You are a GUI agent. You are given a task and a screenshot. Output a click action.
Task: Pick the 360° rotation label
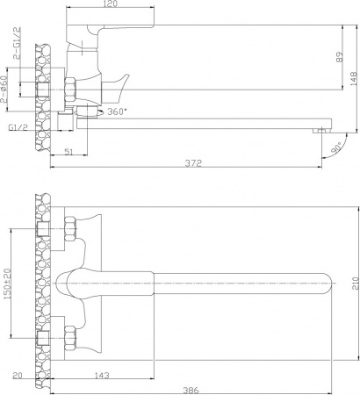(122, 112)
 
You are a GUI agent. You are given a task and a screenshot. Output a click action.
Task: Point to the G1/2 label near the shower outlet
(17, 128)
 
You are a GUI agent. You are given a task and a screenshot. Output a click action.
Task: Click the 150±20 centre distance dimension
(6, 282)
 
